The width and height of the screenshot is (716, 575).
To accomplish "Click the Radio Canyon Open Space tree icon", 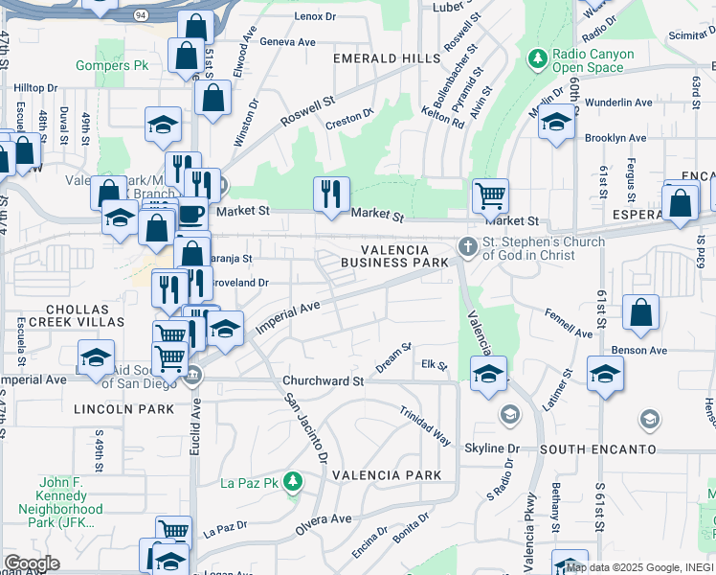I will (538, 60).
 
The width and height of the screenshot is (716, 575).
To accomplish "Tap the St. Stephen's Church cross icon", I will (468, 247).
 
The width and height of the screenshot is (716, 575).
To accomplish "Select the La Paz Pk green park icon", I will (296, 481).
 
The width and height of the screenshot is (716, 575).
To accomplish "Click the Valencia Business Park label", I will (395, 256).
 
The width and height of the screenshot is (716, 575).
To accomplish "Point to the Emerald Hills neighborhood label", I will (387, 58).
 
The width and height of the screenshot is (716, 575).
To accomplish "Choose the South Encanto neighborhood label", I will (597, 449).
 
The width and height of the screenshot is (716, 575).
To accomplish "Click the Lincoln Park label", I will (124, 409).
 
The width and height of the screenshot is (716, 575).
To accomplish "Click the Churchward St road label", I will (324, 380).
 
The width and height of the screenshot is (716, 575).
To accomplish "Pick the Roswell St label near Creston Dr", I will (306, 112).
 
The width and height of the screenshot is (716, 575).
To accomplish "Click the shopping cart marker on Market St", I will (490, 195).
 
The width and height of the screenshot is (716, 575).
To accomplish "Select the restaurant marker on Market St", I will (331, 195).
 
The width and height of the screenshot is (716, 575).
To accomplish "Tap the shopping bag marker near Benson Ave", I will (640, 311).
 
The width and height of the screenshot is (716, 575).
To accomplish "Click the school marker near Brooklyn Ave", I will (556, 122).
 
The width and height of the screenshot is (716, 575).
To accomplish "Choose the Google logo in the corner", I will (32, 563).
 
